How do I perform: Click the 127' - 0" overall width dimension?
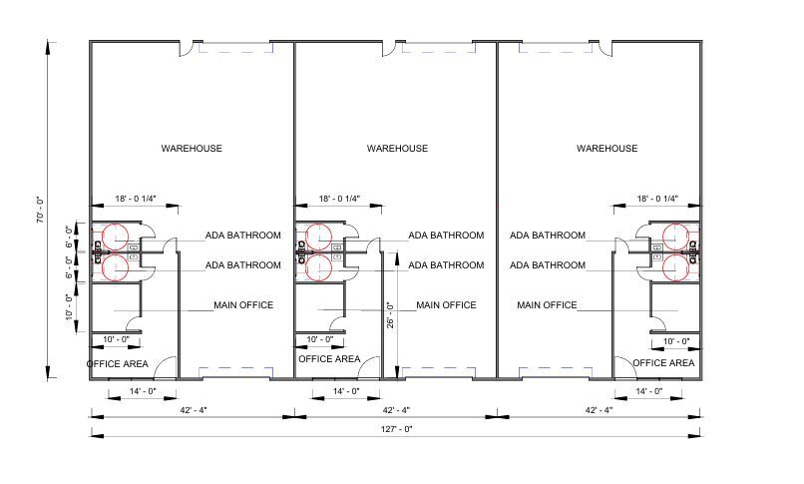point(396,428)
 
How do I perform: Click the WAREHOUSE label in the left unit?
point(192,149)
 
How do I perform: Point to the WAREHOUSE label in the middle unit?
point(397,149)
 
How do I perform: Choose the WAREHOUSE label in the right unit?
point(606,149)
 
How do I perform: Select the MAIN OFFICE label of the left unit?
point(243,304)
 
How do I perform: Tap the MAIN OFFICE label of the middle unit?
point(446,304)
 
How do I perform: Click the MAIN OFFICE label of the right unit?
point(547,304)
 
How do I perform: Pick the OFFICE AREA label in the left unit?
point(118,363)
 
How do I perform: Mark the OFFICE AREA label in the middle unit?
point(329,358)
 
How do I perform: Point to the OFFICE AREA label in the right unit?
point(663,363)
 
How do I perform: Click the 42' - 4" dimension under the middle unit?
point(397,409)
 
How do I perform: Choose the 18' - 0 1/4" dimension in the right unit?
point(657,199)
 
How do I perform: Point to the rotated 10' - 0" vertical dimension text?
point(69,304)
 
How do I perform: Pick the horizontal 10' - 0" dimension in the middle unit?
point(320,339)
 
